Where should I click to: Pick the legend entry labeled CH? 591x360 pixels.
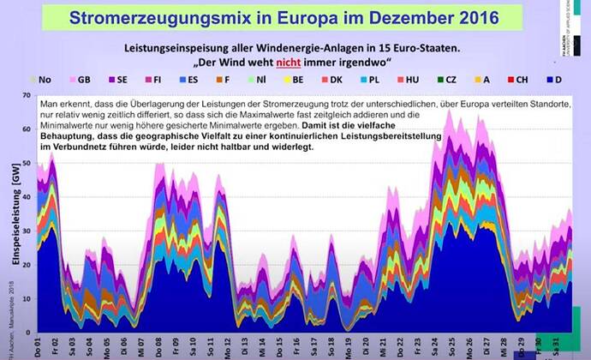[x=520, y=79]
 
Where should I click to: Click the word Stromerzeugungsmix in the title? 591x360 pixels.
[x=152, y=17]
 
